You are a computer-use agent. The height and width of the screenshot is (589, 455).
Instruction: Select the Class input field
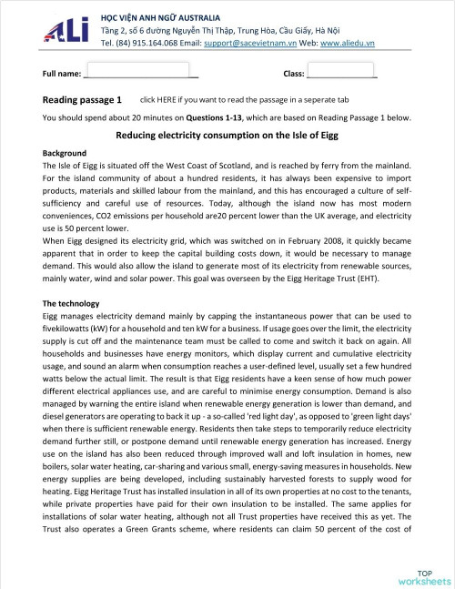click(341, 72)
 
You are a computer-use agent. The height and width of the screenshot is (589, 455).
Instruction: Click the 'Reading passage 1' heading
click(82, 99)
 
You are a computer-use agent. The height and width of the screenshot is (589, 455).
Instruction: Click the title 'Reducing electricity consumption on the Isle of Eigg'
click(227, 136)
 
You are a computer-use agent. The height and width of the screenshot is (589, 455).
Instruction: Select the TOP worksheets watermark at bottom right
click(424, 574)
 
